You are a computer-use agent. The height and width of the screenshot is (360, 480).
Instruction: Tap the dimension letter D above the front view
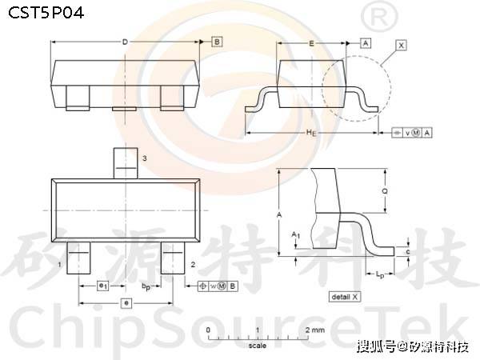(125, 41)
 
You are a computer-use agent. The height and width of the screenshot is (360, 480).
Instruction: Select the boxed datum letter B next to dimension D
(217, 41)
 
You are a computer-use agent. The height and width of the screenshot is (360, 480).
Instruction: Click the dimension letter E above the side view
(310, 41)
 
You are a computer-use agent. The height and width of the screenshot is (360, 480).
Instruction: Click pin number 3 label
(144, 159)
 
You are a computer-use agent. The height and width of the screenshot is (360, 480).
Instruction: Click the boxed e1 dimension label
(102, 285)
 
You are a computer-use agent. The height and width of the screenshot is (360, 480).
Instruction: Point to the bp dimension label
(146, 285)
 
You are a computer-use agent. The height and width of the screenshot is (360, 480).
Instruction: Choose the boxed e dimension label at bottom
(126, 303)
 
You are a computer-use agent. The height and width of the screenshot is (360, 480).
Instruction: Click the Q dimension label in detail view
(386, 191)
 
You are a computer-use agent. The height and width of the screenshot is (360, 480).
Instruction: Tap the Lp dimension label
(379, 275)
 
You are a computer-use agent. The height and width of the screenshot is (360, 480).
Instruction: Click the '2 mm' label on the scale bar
(314, 330)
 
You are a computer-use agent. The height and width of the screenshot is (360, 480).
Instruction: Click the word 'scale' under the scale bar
(257, 346)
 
